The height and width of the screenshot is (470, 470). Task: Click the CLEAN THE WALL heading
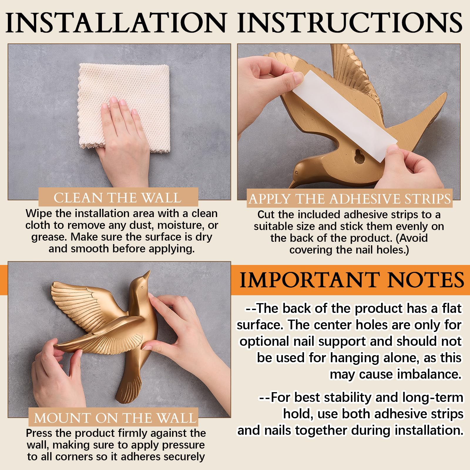(117, 198)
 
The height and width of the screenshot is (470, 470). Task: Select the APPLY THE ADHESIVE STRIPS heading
(350, 199)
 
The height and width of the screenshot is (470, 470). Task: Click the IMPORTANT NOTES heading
(352, 280)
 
